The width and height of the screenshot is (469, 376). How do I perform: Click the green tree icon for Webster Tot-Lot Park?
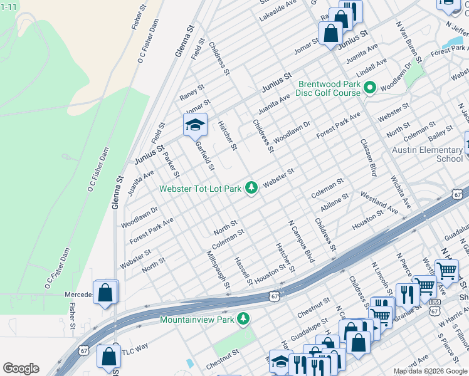[251, 188]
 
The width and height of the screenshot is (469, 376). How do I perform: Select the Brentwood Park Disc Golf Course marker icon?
[370, 88]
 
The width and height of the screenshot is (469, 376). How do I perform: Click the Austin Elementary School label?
[427, 154]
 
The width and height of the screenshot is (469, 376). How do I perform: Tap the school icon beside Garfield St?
[195, 125]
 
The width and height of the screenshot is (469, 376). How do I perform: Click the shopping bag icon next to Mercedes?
[106, 293]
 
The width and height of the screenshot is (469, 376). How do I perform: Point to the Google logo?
[21, 368]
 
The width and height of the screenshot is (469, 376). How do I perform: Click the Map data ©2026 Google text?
[430, 371]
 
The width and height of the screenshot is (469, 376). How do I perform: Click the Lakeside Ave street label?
[277, 10]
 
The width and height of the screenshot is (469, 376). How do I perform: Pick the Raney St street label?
[192, 92]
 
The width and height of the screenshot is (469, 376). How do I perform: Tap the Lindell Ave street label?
[372, 66]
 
